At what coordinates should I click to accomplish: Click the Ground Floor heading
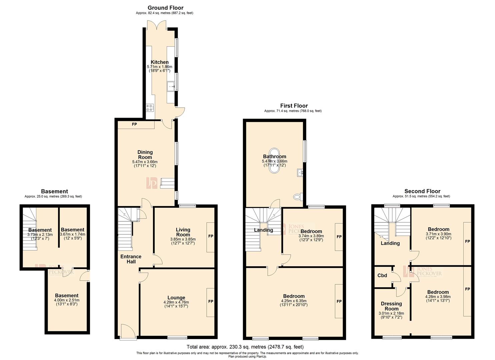(165, 8)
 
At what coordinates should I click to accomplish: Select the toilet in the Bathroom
(298, 197)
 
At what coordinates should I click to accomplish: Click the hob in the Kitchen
(150, 108)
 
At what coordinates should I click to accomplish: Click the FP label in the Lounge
(211, 301)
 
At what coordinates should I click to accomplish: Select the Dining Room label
(145, 155)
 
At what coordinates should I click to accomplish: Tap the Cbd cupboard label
(382, 275)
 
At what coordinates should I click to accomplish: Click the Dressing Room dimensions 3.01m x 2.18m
(391, 313)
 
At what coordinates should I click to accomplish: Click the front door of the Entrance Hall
(128, 332)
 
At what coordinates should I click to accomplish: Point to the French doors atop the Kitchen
(157, 25)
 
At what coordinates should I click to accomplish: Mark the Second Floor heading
(422, 191)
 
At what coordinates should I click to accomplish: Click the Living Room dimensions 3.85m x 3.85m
(183, 239)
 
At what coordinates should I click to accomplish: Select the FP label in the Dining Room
(134, 124)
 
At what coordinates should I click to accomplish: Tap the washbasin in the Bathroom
(300, 172)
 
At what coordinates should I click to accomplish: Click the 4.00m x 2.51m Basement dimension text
(67, 300)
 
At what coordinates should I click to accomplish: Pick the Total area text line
(245, 347)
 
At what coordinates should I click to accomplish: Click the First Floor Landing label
(263, 230)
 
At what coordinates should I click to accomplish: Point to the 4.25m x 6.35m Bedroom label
(294, 296)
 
